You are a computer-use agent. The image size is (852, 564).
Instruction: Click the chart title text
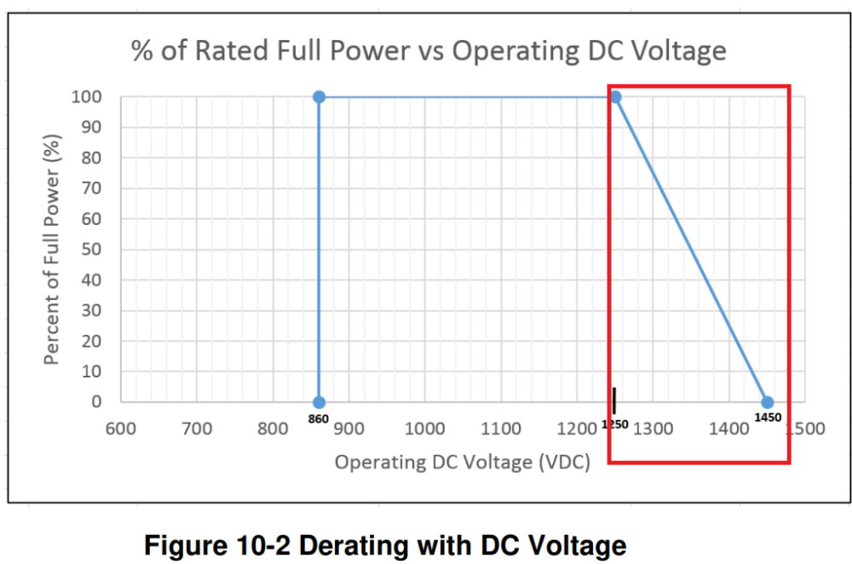pos(429,51)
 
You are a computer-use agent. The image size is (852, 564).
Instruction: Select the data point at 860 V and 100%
pos(319,97)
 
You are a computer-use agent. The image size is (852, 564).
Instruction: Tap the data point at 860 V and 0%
pos(319,402)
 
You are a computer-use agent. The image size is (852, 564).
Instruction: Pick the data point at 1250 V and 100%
pos(615,97)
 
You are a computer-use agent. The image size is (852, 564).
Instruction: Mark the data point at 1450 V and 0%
pos(767,402)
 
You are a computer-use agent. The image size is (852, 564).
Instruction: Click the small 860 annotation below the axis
pos(319,420)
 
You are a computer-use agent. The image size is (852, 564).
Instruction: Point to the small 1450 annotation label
pos(767,417)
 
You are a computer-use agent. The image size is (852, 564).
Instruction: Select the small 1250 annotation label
pos(613,423)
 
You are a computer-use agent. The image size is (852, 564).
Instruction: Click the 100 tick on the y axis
pos(88,97)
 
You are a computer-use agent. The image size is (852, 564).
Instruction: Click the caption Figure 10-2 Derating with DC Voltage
pos(385,544)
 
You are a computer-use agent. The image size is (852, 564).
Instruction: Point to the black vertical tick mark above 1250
pos(613,400)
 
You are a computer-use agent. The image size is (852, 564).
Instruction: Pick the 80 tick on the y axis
pos(92,158)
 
